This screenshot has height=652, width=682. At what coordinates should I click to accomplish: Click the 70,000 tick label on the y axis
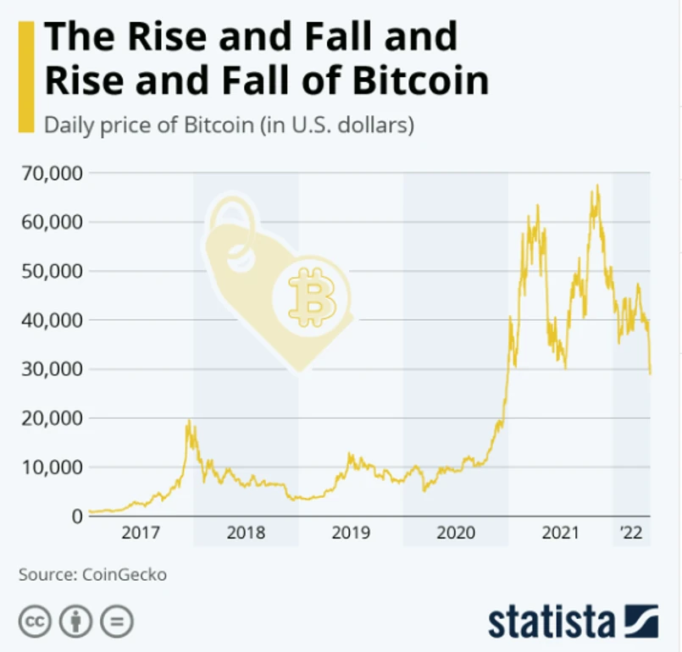(50, 174)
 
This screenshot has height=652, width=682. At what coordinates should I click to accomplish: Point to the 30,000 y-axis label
(50, 369)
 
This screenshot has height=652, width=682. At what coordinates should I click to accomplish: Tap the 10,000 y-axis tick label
(50, 467)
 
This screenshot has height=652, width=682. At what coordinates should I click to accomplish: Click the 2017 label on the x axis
(140, 533)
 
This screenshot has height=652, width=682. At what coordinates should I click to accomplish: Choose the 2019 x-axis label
(351, 533)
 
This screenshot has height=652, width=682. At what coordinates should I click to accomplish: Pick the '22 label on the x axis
(631, 533)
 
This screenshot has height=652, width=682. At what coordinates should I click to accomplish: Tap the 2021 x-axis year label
(560, 533)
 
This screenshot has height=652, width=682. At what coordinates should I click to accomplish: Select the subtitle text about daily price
(229, 127)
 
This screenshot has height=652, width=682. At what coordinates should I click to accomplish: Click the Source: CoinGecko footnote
(92, 575)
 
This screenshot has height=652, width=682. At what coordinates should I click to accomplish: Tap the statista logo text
(552, 622)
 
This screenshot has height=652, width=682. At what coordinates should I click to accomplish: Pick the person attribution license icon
(76, 622)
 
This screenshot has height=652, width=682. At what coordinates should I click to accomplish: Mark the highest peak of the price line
(597, 185)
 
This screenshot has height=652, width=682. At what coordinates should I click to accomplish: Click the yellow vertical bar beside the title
(26, 76)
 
